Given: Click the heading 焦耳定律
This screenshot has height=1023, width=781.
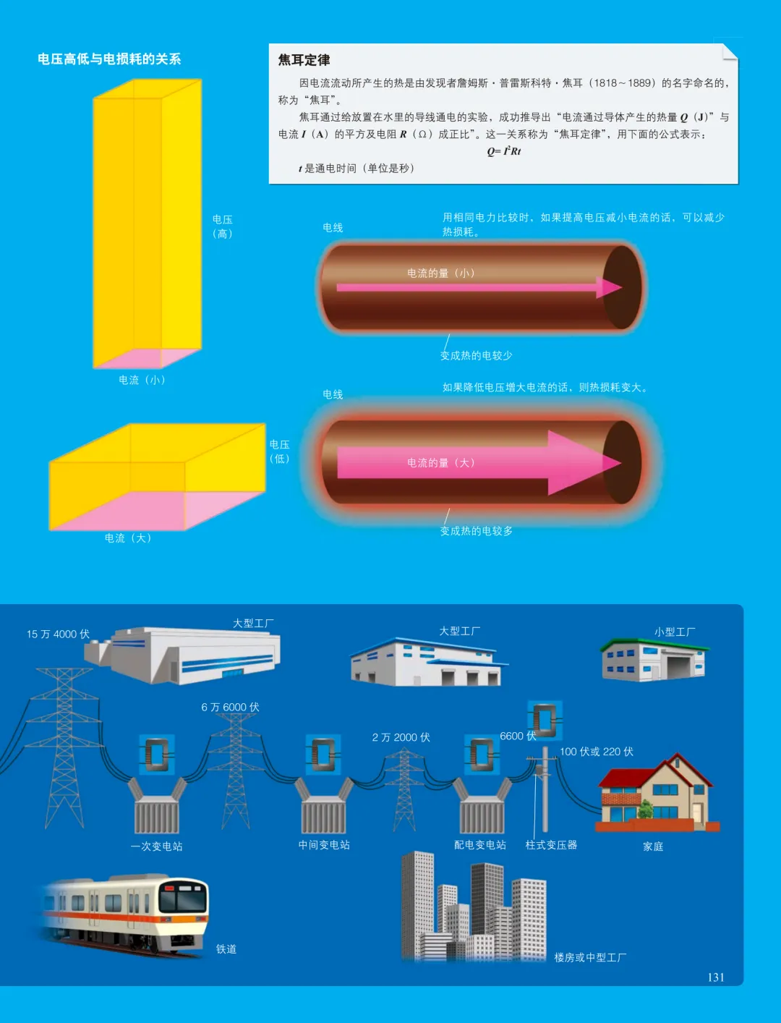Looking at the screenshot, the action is [x=304, y=60].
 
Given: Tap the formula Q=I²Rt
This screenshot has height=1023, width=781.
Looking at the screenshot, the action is [x=504, y=151].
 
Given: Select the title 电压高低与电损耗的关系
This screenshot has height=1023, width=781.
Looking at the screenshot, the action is [x=109, y=59].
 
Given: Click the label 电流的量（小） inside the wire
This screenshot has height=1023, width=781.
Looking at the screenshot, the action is [x=441, y=273].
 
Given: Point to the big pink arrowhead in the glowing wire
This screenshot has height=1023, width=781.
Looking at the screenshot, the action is [x=582, y=462].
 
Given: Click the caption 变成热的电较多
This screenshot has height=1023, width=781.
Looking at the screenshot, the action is [x=476, y=531].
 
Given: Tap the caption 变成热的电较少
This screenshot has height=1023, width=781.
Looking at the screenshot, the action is [x=476, y=356].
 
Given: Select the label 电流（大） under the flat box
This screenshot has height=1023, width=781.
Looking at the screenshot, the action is [x=128, y=538].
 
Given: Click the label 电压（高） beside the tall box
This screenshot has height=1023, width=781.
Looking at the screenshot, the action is [x=223, y=226].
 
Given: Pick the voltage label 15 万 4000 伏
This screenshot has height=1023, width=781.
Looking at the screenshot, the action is [x=58, y=634].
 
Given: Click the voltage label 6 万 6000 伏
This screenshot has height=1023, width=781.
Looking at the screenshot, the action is [x=230, y=707].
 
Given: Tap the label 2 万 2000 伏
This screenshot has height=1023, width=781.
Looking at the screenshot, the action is [x=401, y=737].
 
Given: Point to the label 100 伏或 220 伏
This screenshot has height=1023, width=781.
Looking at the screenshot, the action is [x=596, y=752].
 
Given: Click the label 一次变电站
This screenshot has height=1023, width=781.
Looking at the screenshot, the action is [x=156, y=846].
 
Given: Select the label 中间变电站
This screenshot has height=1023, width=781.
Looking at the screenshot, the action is [x=324, y=845].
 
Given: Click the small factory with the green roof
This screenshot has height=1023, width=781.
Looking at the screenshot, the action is [x=654, y=660].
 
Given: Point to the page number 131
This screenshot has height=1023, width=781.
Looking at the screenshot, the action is [x=716, y=977].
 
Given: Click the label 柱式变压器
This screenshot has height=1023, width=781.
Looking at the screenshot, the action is [x=552, y=845].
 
